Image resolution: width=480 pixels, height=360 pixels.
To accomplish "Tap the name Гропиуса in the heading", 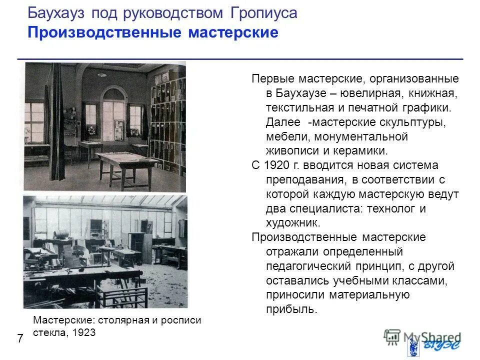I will click(x=264, y=13).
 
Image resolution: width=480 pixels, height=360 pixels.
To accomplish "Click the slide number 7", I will click(x=20, y=338).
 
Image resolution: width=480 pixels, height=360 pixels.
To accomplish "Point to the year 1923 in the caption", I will click(x=84, y=332).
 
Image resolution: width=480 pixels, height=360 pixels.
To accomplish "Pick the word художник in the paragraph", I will click(x=291, y=223).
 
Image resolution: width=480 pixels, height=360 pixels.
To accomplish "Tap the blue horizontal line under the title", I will click(x=240, y=59).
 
